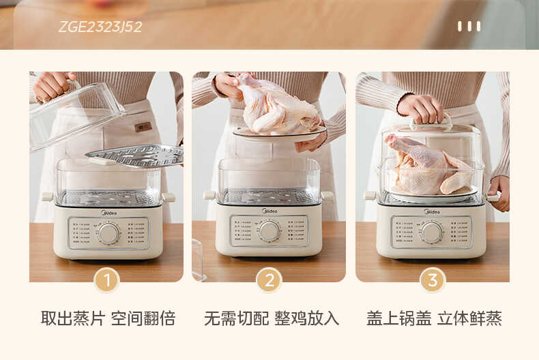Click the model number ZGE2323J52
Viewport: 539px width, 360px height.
pyautogui.click(x=100, y=27)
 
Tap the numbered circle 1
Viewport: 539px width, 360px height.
pyautogui.click(x=106, y=280)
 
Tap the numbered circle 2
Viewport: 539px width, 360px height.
pyautogui.click(x=269, y=280)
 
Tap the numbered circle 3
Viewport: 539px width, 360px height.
pyautogui.click(x=432, y=280)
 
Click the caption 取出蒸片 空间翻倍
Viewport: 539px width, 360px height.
pyautogui.click(x=108, y=318)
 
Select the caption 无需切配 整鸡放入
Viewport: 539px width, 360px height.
pyautogui.click(x=271, y=318)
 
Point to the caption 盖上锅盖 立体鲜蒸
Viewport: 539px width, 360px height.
pyautogui.click(x=434, y=318)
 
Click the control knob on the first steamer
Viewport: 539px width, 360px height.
pyautogui.click(x=108, y=232)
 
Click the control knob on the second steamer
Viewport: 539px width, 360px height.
pyautogui.click(x=269, y=231)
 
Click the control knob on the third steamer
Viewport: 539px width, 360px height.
pyautogui.click(x=431, y=232)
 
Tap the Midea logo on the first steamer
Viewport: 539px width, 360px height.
pyautogui.click(x=108, y=212)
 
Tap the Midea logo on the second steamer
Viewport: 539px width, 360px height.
pyautogui.click(x=269, y=211)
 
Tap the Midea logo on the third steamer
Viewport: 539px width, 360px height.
pyautogui.click(x=431, y=211)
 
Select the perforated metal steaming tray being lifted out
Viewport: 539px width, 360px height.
pyautogui.click(x=135, y=155)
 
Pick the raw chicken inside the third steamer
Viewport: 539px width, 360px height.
pyautogui.click(x=428, y=165)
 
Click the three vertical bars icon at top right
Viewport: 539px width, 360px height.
pyautogui.click(x=469, y=27)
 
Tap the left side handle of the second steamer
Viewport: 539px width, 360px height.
pyautogui.click(x=209, y=195)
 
